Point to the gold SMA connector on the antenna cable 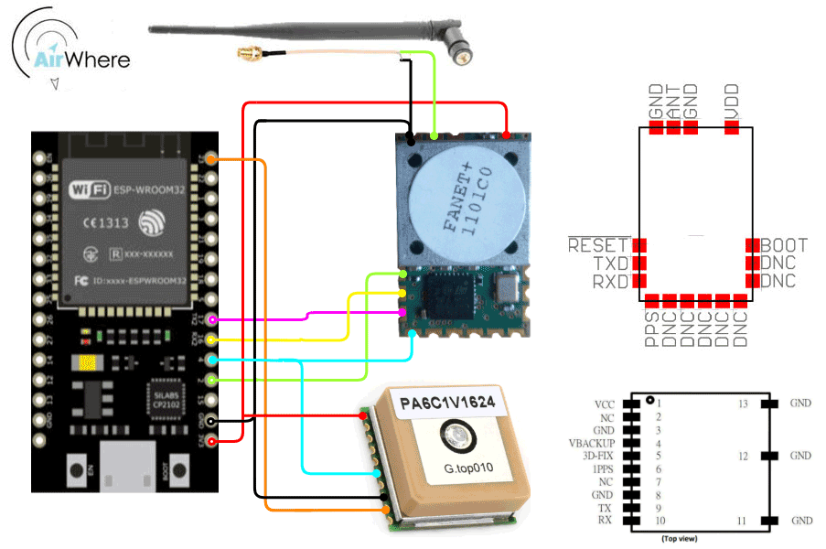coord(245,55)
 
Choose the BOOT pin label coord(785,245)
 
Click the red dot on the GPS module coord(364,416)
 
